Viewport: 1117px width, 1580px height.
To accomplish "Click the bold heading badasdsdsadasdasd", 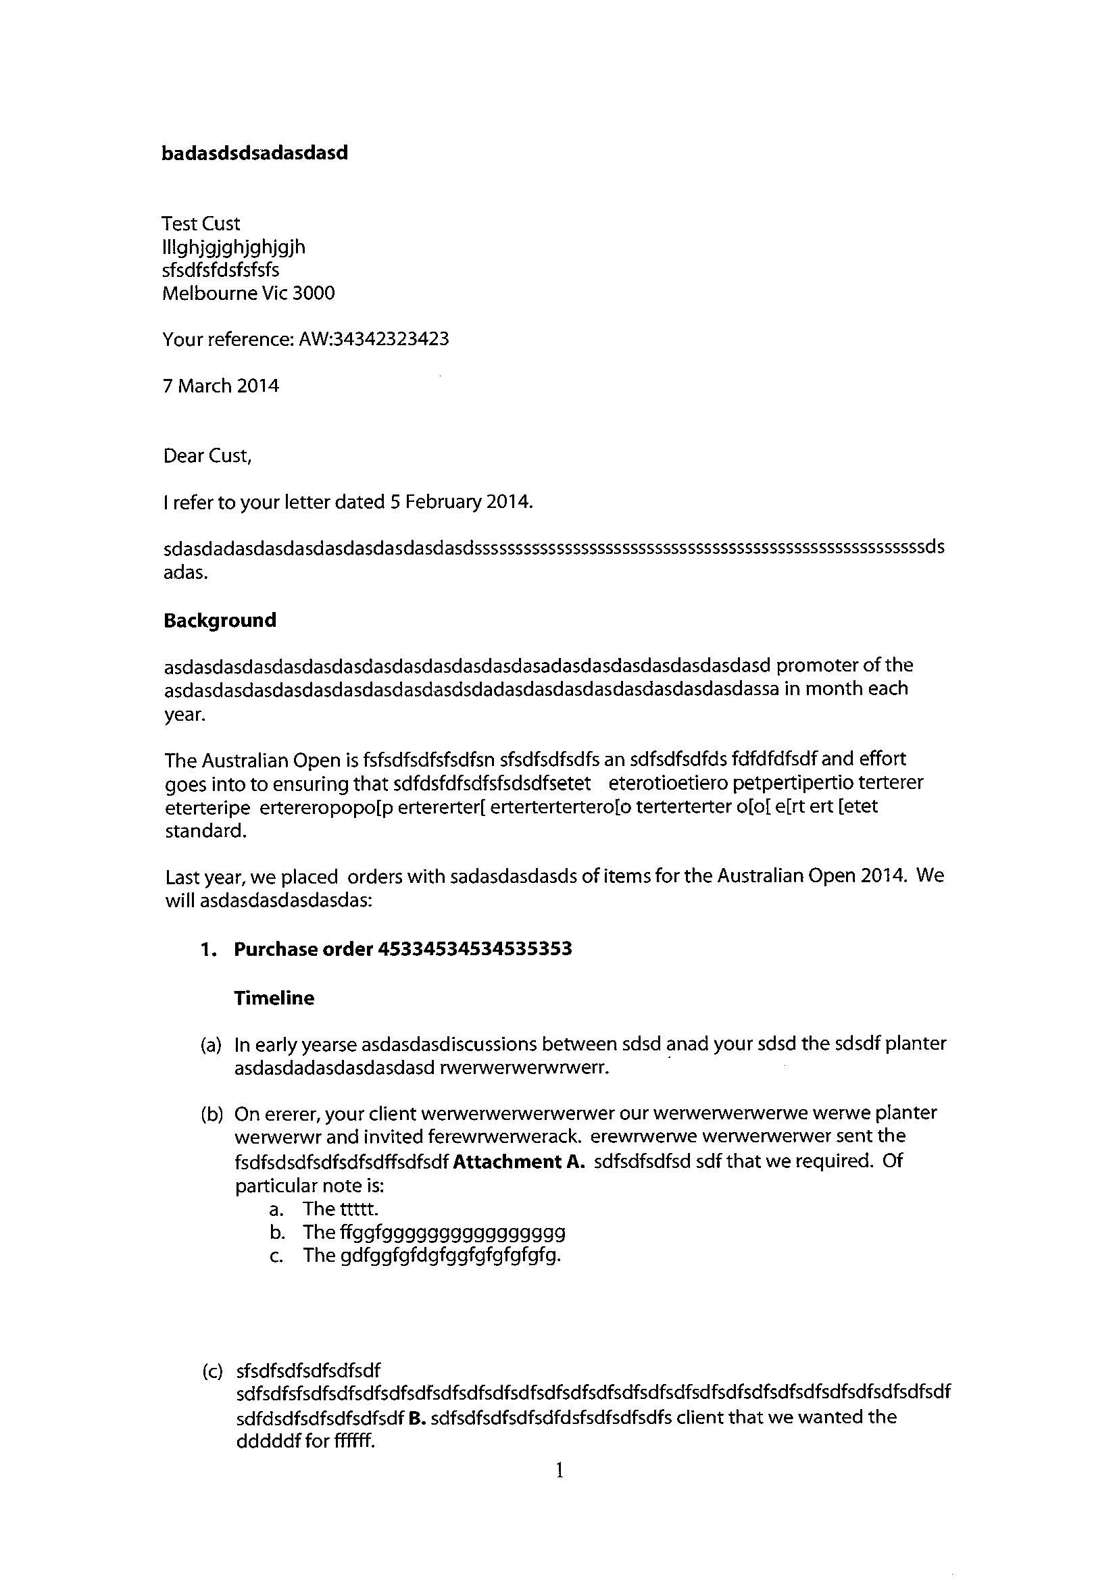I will tap(255, 153).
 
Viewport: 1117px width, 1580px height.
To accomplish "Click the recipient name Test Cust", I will tap(201, 224).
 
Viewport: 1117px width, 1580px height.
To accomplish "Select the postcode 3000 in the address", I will tap(314, 294).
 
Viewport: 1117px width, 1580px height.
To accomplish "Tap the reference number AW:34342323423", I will tap(374, 339).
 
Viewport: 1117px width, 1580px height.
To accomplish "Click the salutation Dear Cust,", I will tap(207, 456).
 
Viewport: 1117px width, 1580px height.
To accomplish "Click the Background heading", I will tap(220, 621).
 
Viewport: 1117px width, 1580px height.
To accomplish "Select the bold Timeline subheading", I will tap(274, 998).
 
